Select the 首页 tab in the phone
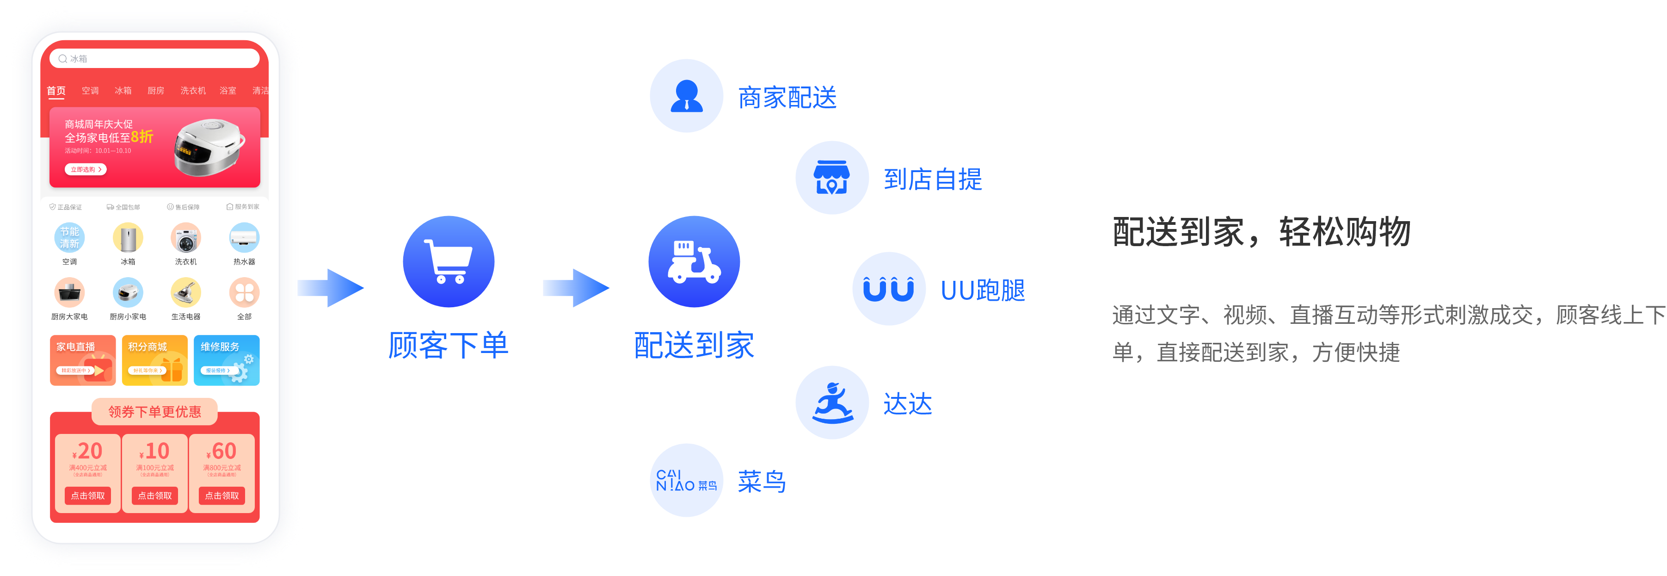click(x=56, y=91)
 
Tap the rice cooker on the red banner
click(x=209, y=148)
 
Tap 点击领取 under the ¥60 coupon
click(x=222, y=496)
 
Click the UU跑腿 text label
click(x=982, y=291)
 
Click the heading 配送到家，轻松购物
click(x=1261, y=232)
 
